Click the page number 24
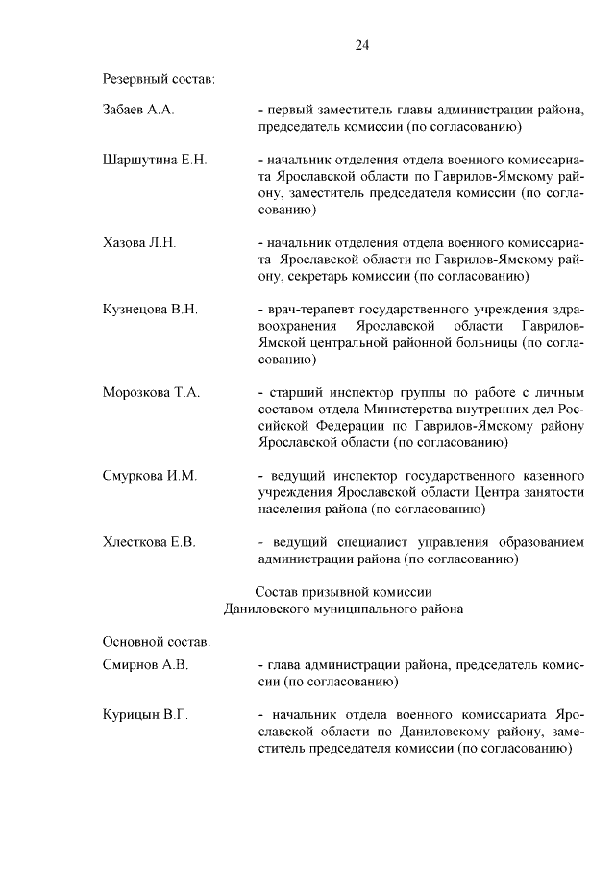pyautogui.click(x=361, y=45)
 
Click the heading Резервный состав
pyautogui.click(x=159, y=78)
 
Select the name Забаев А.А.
pyautogui.click(x=137, y=111)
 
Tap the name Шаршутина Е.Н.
pyautogui.click(x=155, y=159)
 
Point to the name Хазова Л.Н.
pyautogui.click(x=139, y=242)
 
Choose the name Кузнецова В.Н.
pyautogui.click(x=150, y=310)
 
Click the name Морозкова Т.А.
pyautogui.click(x=151, y=392)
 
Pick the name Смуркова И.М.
pyautogui.click(x=149, y=476)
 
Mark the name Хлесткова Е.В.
pyautogui.click(x=149, y=542)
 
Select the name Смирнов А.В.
pyautogui.click(x=145, y=664)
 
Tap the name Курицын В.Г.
pyautogui.click(x=144, y=714)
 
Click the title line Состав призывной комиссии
pyautogui.click(x=343, y=591)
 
